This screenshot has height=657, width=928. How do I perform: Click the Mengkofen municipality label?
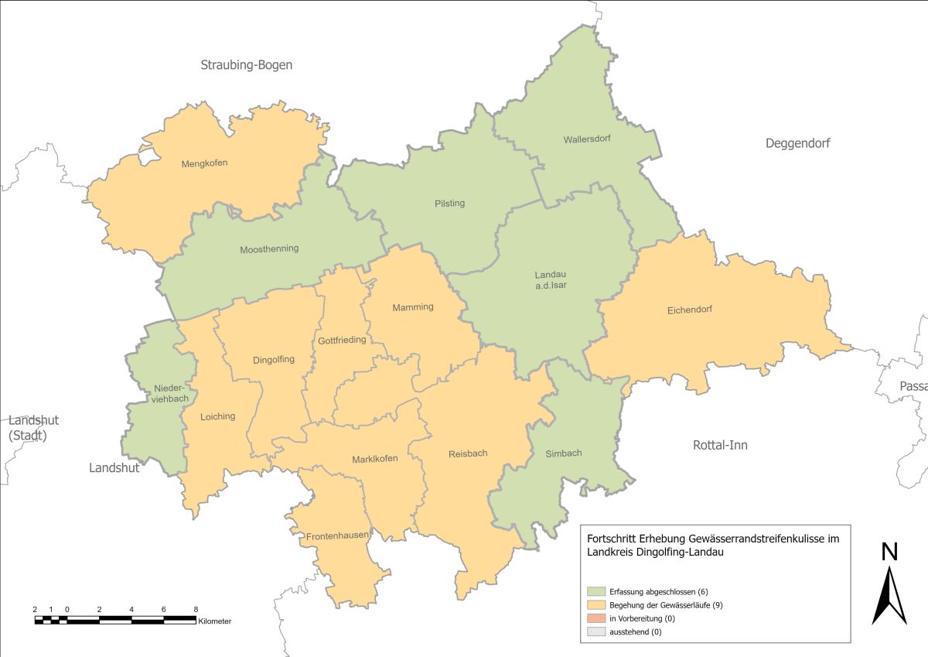click(x=204, y=163)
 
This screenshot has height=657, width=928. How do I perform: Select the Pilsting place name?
click(x=449, y=204)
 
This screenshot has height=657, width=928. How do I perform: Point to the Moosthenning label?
click(x=269, y=249)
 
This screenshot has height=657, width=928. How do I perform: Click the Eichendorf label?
click(x=689, y=310)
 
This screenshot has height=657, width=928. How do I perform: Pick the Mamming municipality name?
click(x=413, y=307)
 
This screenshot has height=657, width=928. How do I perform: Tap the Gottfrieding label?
click(x=342, y=340)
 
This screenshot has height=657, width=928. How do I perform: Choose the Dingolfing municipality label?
click(x=274, y=360)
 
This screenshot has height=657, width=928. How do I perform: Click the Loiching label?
click(x=217, y=416)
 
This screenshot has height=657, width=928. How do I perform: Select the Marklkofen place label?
click(x=374, y=459)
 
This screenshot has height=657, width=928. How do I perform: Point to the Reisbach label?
click(x=468, y=453)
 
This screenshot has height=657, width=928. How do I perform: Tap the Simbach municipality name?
click(x=563, y=453)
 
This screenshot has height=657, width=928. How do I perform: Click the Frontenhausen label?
click(x=337, y=535)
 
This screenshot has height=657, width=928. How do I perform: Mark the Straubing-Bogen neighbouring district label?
click(x=247, y=65)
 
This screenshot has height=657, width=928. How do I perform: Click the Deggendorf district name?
click(x=797, y=143)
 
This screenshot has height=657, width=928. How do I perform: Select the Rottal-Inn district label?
click(x=720, y=445)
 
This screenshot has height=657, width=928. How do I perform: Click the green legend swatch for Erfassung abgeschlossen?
click(x=596, y=592)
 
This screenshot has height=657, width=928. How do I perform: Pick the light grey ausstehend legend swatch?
click(x=596, y=632)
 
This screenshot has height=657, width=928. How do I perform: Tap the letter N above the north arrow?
click(x=889, y=552)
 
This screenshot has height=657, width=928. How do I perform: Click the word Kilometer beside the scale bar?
click(x=214, y=621)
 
